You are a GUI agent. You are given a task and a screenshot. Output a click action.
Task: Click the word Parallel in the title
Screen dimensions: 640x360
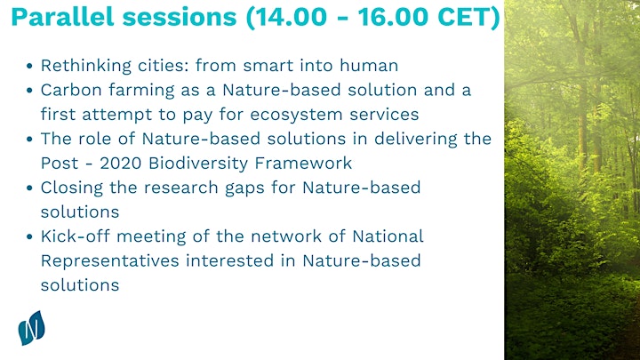(x=62, y=17)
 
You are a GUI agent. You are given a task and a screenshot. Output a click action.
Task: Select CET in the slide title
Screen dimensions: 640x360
(x=463, y=17)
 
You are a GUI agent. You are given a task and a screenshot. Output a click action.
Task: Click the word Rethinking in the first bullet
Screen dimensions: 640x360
(x=86, y=66)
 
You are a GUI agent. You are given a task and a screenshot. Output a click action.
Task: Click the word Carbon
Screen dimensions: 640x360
(x=71, y=90)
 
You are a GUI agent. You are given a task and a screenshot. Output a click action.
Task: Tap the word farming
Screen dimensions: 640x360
(x=141, y=91)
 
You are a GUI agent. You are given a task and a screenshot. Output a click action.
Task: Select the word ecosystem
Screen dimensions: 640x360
(x=296, y=115)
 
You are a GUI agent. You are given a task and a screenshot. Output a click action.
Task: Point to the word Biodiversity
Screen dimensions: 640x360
(x=198, y=164)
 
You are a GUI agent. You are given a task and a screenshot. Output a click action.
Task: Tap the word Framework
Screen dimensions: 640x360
(x=303, y=164)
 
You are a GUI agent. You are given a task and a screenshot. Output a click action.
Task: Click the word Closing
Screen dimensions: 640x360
(x=71, y=188)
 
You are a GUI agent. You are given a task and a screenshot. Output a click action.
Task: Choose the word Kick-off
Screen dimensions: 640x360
(x=75, y=236)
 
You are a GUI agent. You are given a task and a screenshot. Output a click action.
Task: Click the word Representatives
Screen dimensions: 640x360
(x=110, y=261)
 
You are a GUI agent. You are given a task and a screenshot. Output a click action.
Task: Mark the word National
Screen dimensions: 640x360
(x=388, y=236)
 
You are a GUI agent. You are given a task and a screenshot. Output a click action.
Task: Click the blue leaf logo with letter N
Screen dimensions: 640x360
(x=31, y=328)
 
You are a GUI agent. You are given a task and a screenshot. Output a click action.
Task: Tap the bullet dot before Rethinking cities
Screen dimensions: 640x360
(x=29, y=66)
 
